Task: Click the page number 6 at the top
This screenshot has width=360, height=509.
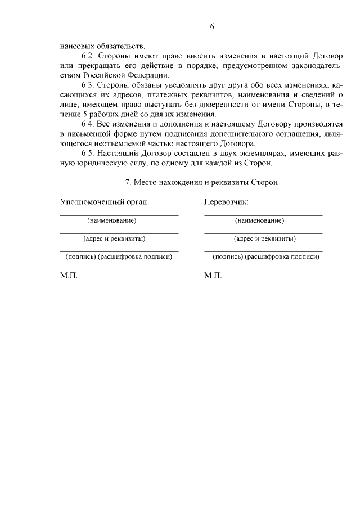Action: pos(213,26)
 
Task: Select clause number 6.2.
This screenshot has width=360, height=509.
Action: pos(88,57)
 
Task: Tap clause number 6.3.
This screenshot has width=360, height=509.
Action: pos(88,85)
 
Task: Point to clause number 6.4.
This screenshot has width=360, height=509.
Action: pos(88,123)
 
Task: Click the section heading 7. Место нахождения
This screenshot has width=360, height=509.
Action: pos(201,182)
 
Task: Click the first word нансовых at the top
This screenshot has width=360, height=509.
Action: pos(79,47)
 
